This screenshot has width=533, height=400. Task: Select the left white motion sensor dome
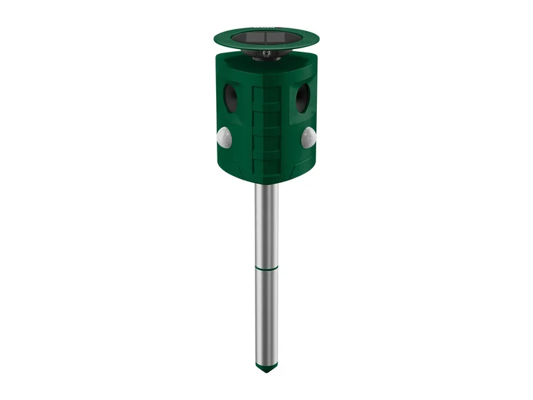tap(223, 137)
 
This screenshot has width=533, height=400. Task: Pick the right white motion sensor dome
tap(308, 137)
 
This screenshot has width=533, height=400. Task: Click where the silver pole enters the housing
tap(266, 184)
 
